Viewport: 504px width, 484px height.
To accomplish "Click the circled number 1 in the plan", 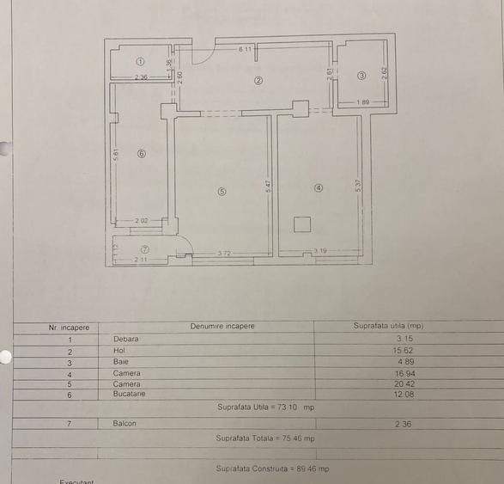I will (140, 62).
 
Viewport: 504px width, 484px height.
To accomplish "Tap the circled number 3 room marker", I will (361, 76).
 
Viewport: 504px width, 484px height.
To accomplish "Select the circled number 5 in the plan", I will (222, 192).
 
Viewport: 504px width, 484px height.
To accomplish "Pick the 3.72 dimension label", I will (224, 252).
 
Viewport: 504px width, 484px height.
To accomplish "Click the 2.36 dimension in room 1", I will (142, 79).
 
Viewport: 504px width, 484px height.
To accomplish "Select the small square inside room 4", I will (301, 225).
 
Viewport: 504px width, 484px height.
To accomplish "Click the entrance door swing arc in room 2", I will (203, 55).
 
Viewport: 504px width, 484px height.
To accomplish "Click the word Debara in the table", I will (125, 339).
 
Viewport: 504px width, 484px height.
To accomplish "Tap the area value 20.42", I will (404, 383).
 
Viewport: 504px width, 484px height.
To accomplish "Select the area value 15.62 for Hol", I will (404, 351).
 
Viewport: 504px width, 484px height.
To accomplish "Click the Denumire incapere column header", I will (222, 327).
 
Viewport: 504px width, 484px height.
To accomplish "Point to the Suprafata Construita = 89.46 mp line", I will (272, 469).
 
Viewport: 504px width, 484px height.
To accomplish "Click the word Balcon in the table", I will (124, 423).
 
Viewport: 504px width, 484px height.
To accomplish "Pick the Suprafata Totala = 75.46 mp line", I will (265, 438).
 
